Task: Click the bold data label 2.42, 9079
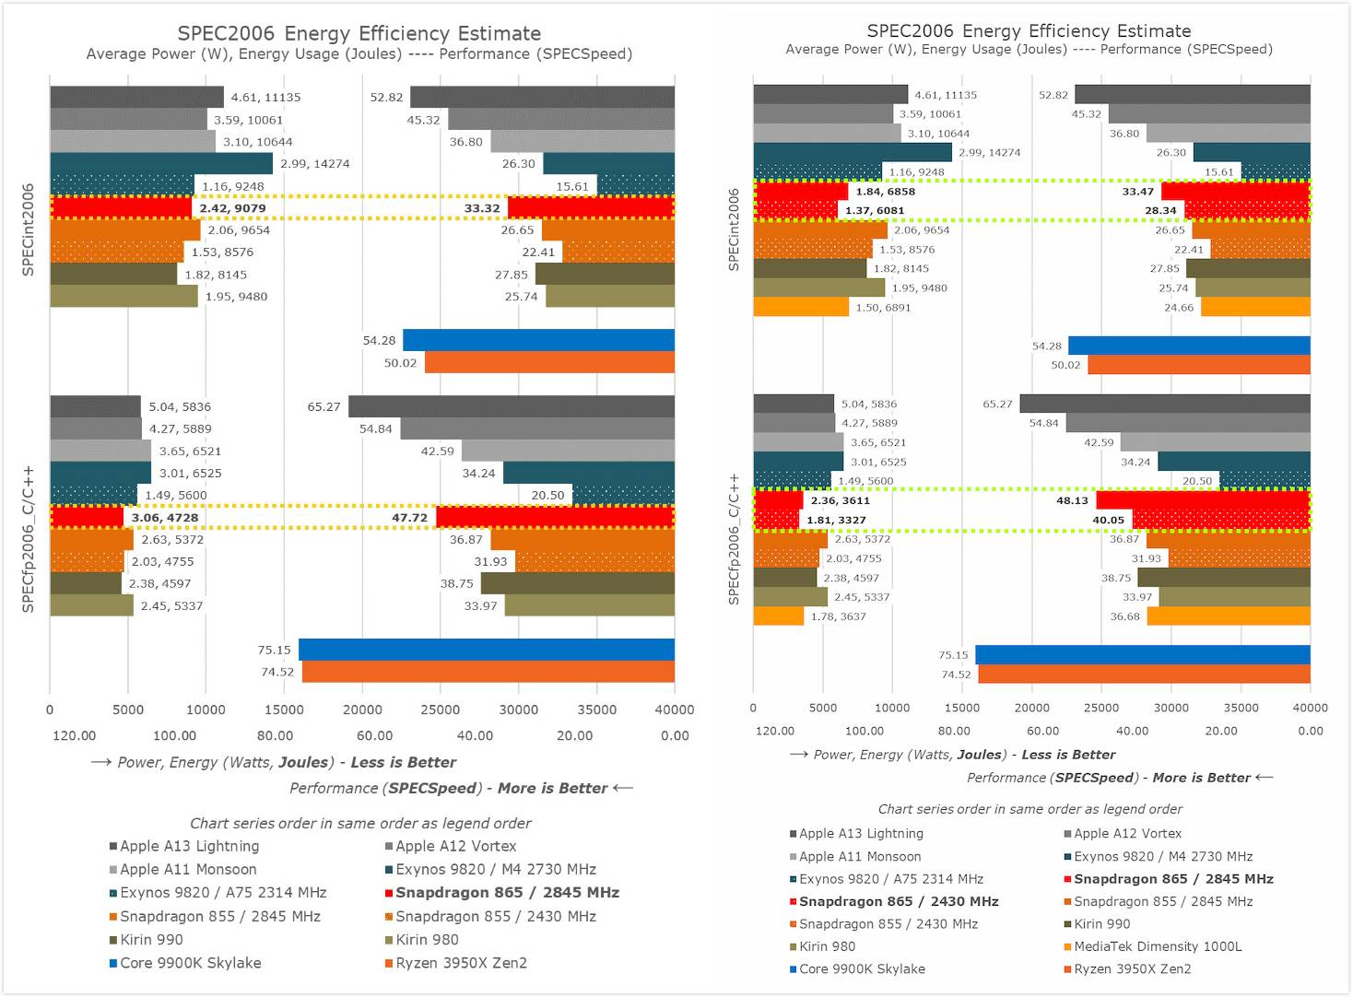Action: click(x=232, y=208)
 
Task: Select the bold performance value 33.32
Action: click(x=482, y=208)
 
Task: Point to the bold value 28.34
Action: click(x=1160, y=211)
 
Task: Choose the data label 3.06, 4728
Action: click(x=164, y=518)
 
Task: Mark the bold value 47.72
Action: click(x=409, y=518)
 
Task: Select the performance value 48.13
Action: click(x=1072, y=501)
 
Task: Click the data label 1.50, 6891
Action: click(x=882, y=308)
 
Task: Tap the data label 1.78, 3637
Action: click(x=838, y=616)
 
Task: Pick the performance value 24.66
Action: click(x=1179, y=308)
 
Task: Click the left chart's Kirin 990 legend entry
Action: click(x=151, y=940)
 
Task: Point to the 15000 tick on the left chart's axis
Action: click(x=284, y=710)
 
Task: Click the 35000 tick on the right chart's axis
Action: click(x=1241, y=708)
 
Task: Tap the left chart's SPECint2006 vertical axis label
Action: click(x=29, y=229)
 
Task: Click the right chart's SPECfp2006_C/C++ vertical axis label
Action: click(x=735, y=539)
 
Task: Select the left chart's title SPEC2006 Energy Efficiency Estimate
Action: click(x=359, y=33)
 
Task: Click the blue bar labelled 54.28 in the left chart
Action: click(x=538, y=340)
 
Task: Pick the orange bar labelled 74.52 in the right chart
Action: click(x=1143, y=674)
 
